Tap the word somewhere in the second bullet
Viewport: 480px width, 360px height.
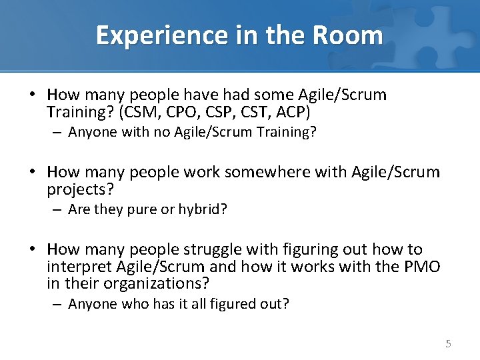tap(254, 172)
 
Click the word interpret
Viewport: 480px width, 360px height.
tap(80, 267)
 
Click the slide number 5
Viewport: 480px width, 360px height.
tap(448, 344)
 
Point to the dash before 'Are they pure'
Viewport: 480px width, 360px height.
tap(58, 210)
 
